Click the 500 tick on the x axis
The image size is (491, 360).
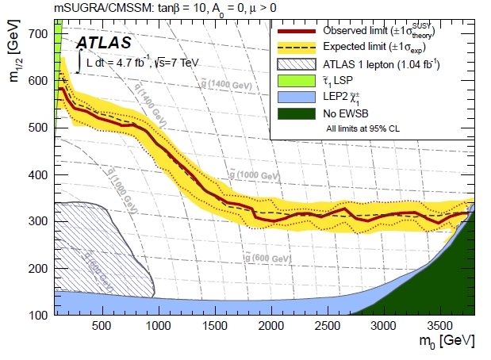[102, 326]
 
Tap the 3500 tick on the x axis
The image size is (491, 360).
[441, 326]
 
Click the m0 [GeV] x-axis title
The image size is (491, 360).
[448, 342]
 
